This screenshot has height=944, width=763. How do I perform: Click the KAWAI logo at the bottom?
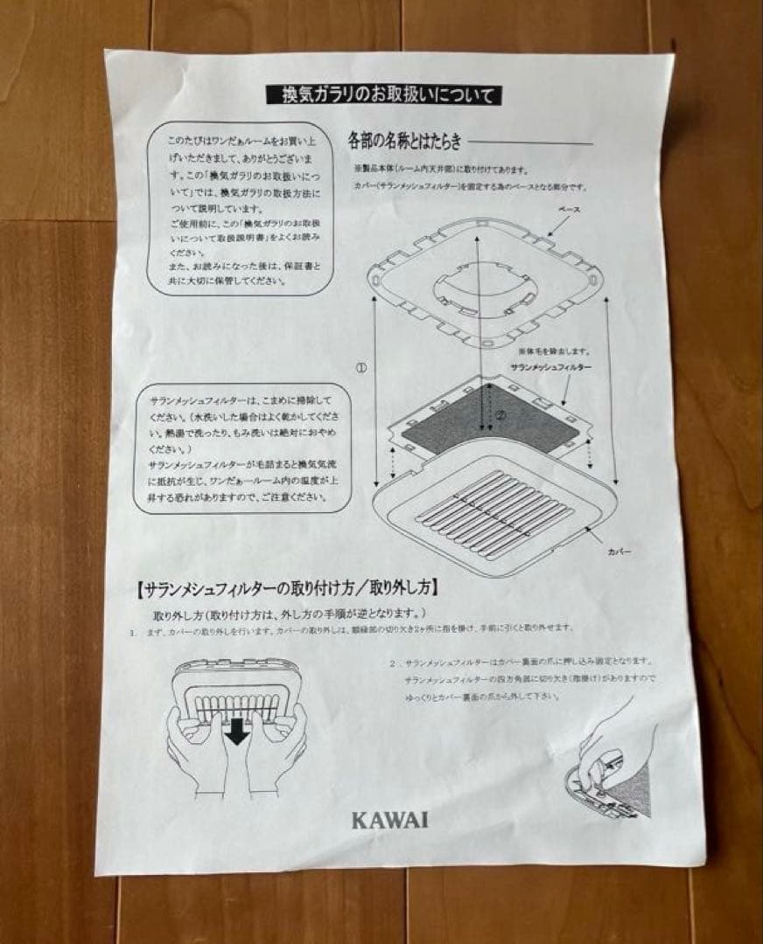tap(390, 820)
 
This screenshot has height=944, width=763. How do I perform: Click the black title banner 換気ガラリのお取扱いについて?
tap(384, 94)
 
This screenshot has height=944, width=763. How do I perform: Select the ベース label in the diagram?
tap(569, 211)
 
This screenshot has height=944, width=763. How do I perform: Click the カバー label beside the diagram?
tap(619, 552)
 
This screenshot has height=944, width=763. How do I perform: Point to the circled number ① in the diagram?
tap(360, 368)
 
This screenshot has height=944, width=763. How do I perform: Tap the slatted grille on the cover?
tap(494, 516)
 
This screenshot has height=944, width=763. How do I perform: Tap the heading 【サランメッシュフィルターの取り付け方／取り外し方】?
tap(288, 587)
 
